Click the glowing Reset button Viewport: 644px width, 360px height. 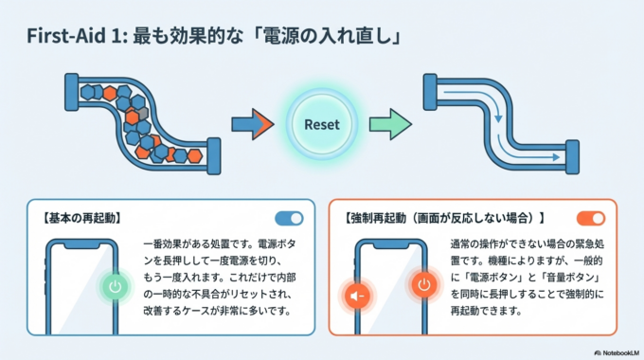tap(322, 124)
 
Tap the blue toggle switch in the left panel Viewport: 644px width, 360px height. tap(289, 218)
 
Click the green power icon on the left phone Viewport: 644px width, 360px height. tap(115, 285)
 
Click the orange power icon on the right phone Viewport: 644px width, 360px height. tap(423, 285)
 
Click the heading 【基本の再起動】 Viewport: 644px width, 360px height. tap(80, 218)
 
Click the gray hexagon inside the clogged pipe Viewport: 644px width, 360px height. tap(143, 115)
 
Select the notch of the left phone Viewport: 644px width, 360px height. tap(84, 244)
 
